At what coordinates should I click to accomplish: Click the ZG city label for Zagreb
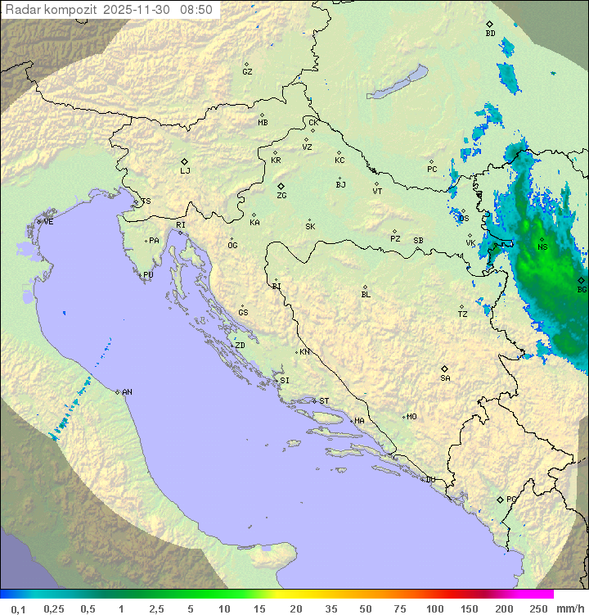click(281, 196)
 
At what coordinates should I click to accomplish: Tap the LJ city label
click(185, 170)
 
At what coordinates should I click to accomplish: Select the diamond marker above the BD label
click(489, 25)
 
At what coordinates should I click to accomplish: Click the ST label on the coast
click(324, 401)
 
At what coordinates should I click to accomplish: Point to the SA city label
click(445, 378)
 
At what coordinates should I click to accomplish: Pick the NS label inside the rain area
click(542, 247)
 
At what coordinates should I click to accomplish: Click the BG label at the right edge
click(582, 289)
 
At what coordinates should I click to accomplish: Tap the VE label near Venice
click(48, 222)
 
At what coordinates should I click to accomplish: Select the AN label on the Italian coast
click(127, 392)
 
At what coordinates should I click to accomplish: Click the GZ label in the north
click(247, 71)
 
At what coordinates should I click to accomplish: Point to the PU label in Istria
click(148, 275)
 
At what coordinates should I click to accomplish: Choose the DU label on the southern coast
click(429, 480)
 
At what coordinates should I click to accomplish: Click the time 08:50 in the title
click(196, 10)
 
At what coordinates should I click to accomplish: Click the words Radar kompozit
click(52, 10)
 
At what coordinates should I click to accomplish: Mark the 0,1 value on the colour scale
click(18, 608)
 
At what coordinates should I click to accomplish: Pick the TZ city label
click(463, 314)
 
